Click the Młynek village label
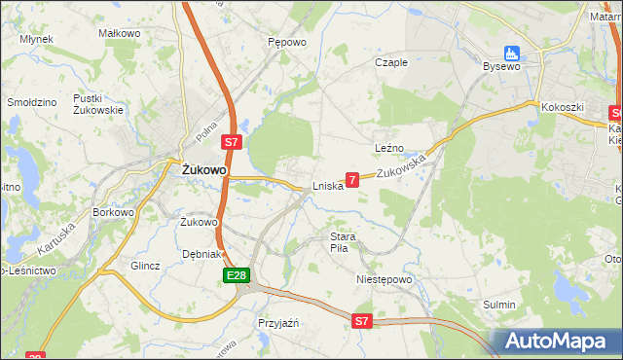(x=36, y=39)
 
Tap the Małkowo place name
(x=120, y=33)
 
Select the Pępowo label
(x=287, y=43)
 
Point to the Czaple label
(x=391, y=62)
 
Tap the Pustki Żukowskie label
(x=98, y=104)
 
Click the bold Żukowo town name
(x=204, y=169)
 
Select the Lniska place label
(x=327, y=187)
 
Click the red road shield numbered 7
(x=352, y=179)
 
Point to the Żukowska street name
(x=402, y=167)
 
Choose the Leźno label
(x=389, y=147)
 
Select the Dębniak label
(x=203, y=255)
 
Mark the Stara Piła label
(x=344, y=242)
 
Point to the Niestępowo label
(x=385, y=279)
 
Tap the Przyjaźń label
(x=277, y=322)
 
